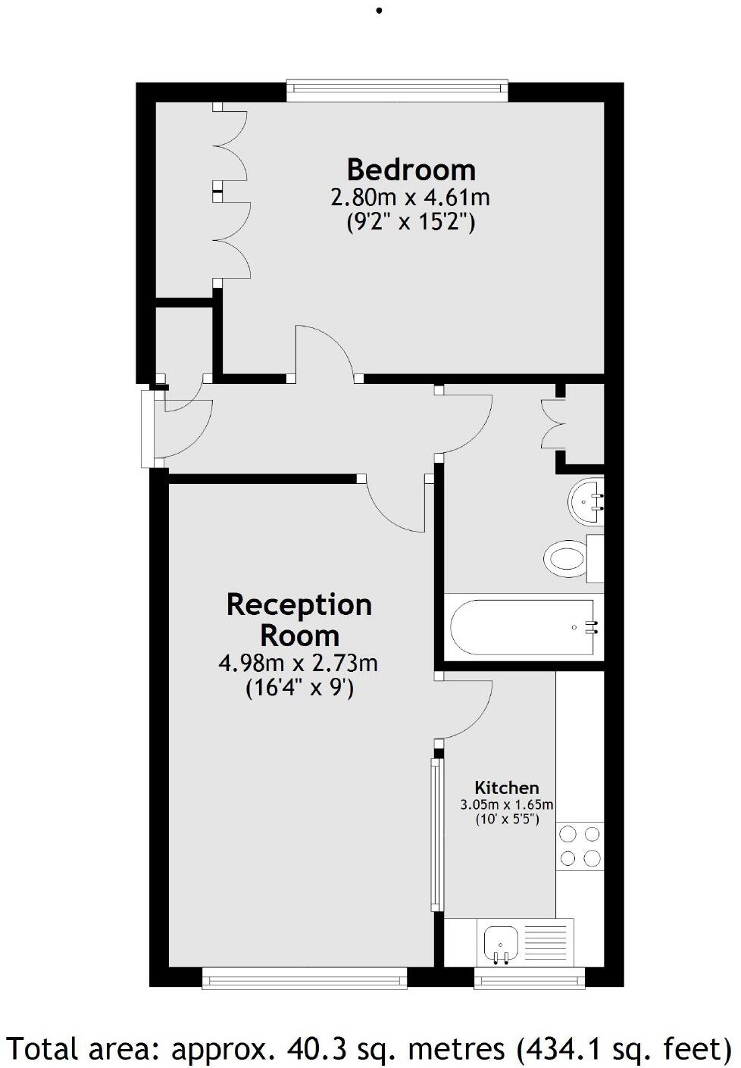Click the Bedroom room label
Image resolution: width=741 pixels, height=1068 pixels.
click(x=411, y=169)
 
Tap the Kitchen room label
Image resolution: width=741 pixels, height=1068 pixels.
click(x=506, y=788)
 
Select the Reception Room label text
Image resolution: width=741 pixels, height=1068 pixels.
click(x=299, y=620)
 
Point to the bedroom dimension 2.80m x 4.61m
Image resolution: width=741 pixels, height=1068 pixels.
click(x=410, y=198)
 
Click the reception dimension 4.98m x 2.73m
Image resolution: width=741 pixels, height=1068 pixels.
click(x=299, y=664)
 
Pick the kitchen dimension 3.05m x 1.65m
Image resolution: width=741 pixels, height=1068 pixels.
click(x=507, y=804)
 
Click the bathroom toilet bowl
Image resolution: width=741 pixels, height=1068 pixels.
click(x=564, y=559)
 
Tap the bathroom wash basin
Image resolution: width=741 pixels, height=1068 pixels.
click(x=585, y=500)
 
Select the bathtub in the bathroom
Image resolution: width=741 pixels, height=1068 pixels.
click(x=523, y=626)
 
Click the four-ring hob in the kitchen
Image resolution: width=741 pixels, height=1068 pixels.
click(x=580, y=846)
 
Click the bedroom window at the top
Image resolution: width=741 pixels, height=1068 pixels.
click(x=397, y=90)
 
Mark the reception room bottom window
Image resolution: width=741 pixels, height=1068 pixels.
click(x=304, y=980)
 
